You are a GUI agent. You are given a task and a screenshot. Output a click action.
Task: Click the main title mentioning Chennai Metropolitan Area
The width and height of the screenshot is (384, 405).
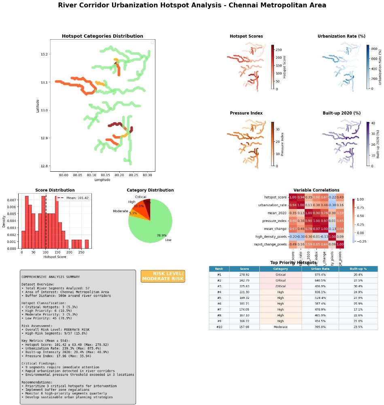192,5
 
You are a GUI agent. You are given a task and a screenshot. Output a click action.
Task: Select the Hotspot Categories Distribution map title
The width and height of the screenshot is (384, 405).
102,36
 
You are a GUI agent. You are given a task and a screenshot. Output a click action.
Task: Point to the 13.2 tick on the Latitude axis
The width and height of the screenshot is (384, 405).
44,54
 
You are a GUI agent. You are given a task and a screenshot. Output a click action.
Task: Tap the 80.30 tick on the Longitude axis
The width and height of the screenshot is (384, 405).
148,175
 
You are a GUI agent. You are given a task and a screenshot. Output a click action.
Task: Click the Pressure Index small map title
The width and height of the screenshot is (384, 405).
246,113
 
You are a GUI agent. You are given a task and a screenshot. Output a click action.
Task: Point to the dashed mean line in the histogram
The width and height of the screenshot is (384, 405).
46,223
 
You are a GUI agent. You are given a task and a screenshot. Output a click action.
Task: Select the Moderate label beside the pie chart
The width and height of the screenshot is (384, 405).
120,211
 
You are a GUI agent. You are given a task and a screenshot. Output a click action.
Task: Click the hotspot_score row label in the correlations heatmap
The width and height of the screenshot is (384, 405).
276,197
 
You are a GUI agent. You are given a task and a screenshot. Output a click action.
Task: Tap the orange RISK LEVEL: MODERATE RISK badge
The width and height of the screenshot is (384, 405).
163,276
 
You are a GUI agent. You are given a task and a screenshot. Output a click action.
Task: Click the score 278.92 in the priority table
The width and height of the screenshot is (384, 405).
244,274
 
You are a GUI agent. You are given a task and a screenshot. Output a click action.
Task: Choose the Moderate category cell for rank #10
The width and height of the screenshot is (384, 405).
280,327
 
